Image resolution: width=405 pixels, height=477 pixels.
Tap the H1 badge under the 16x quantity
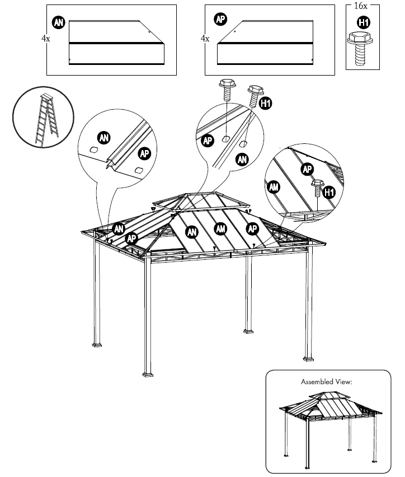tap(363, 22)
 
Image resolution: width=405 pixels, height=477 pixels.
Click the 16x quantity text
tap(361, 6)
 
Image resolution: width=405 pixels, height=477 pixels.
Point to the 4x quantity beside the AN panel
tap(45, 40)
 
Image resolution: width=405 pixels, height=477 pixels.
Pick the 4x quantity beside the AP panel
tap(205, 40)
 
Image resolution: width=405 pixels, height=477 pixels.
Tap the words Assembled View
tap(327, 382)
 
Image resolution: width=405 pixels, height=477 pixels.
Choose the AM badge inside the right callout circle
tap(274, 188)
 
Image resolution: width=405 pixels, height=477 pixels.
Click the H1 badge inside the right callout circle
tap(329, 193)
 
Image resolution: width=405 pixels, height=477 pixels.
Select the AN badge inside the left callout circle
tap(103, 137)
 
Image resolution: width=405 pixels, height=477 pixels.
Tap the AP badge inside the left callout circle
tap(144, 153)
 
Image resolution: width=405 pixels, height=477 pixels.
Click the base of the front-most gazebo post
tap(149, 372)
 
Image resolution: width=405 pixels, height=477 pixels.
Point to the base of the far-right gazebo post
tap(308, 357)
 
